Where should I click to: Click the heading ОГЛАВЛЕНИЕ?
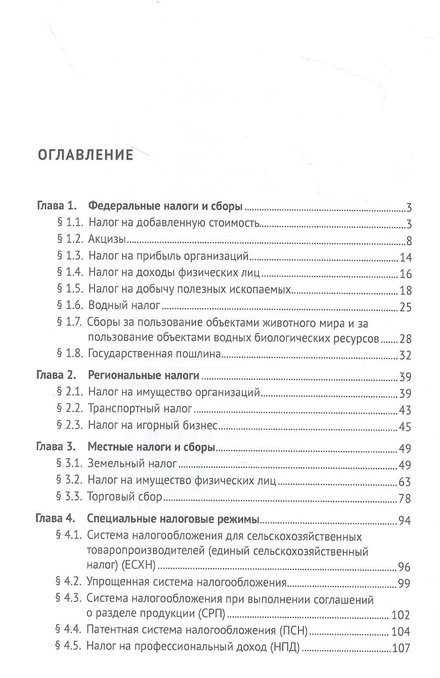(x=86, y=155)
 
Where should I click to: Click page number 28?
(x=405, y=340)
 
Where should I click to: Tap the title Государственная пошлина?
(x=154, y=354)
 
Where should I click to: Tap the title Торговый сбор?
(x=125, y=497)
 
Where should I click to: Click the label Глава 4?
(x=55, y=519)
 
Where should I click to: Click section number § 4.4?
(x=69, y=630)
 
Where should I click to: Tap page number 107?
(x=400, y=648)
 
